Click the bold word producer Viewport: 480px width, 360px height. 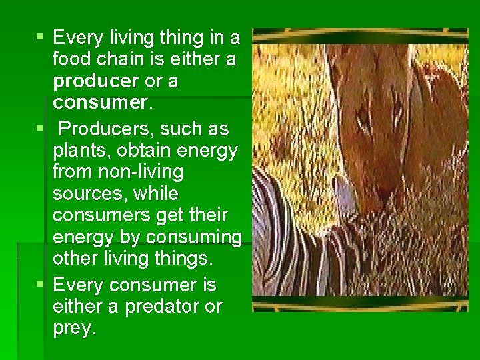97,81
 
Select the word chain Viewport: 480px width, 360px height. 125,59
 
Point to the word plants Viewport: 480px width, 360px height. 79,150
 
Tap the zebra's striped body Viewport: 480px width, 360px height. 313,253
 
